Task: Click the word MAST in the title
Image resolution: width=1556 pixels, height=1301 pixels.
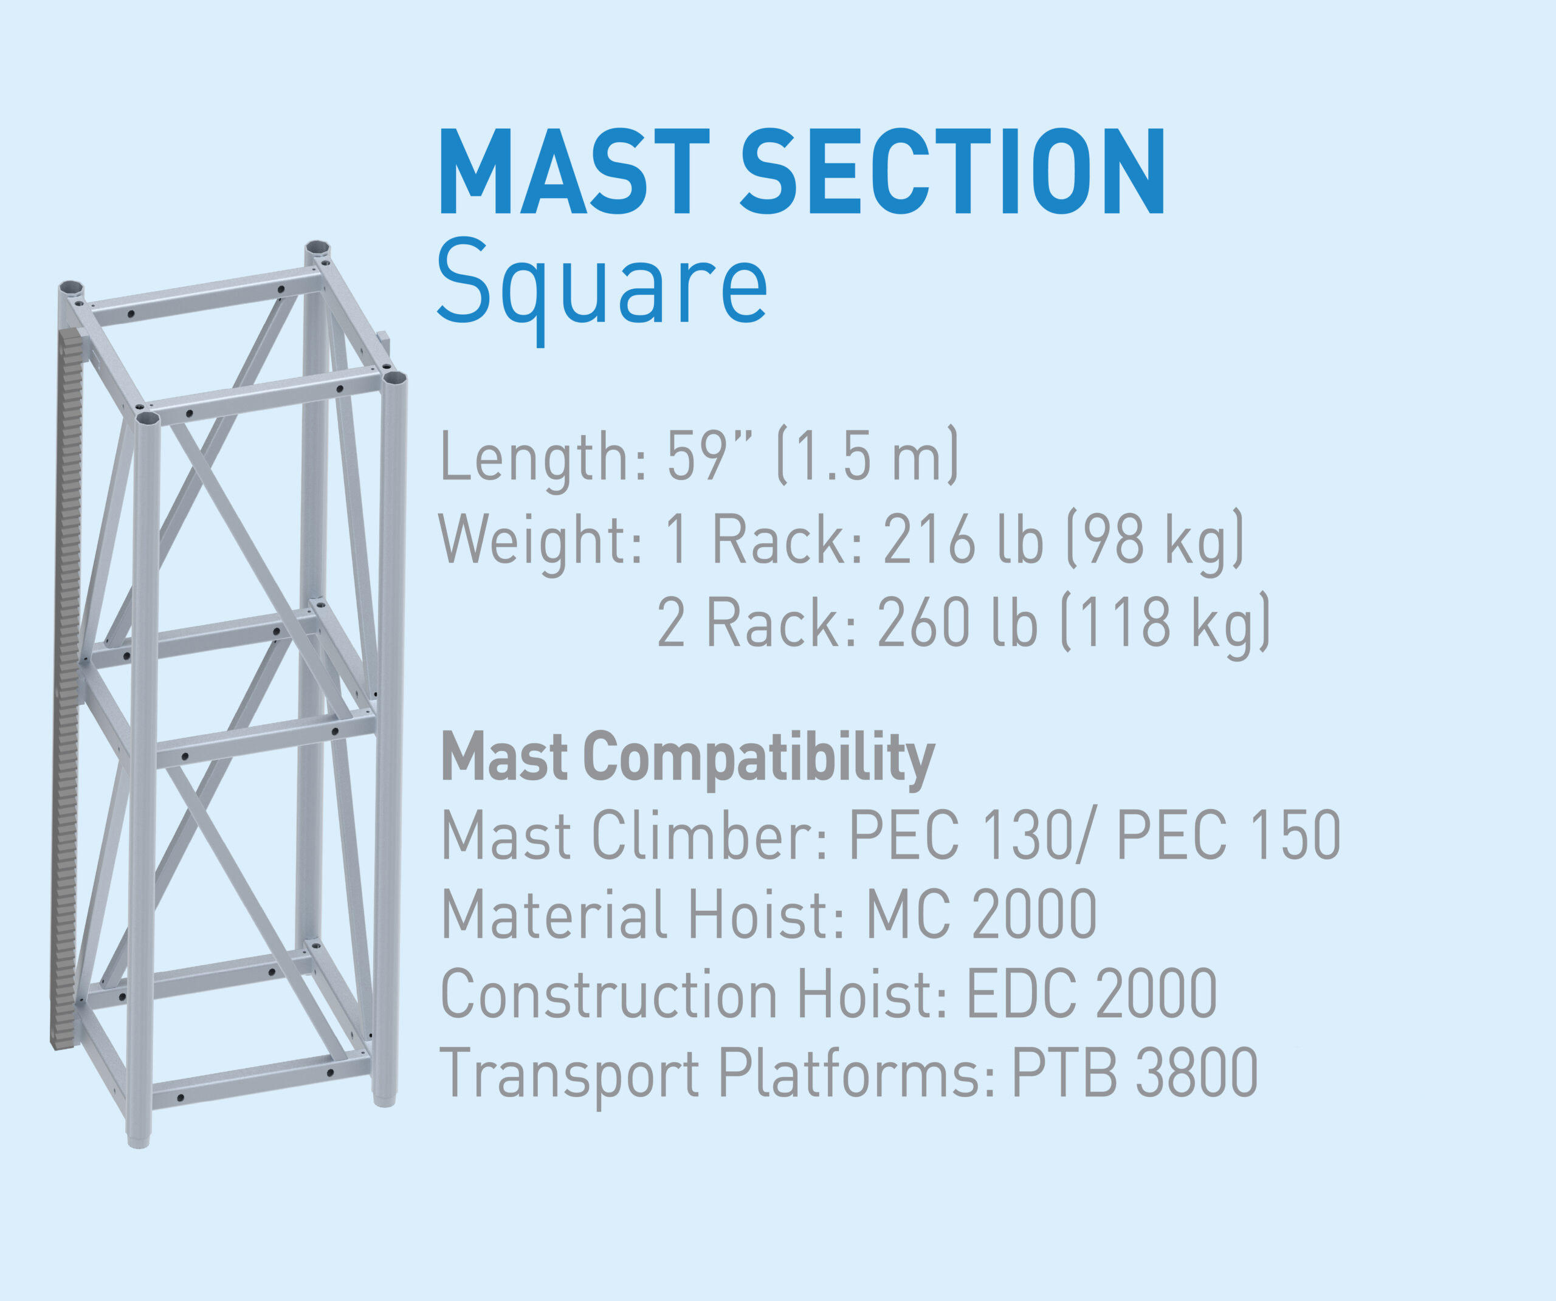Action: pyautogui.click(x=574, y=172)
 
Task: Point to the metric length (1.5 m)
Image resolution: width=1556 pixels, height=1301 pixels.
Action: pyautogui.click(x=867, y=456)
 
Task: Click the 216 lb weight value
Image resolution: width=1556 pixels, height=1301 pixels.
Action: pyautogui.click(x=963, y=540)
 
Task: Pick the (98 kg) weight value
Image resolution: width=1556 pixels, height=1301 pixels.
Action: pyautogui.click(x=1155, y=540)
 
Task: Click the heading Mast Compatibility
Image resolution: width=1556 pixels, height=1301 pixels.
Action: pyautogui.click(x=687, y=757)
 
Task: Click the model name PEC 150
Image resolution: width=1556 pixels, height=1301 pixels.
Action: pyautogui.click(x=1228, y=836)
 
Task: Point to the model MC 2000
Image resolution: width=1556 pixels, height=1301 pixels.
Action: pyautogui.click(x=982, y=915)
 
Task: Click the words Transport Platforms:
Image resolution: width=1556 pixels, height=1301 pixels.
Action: pyautogui.click(x=717, y=1074)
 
